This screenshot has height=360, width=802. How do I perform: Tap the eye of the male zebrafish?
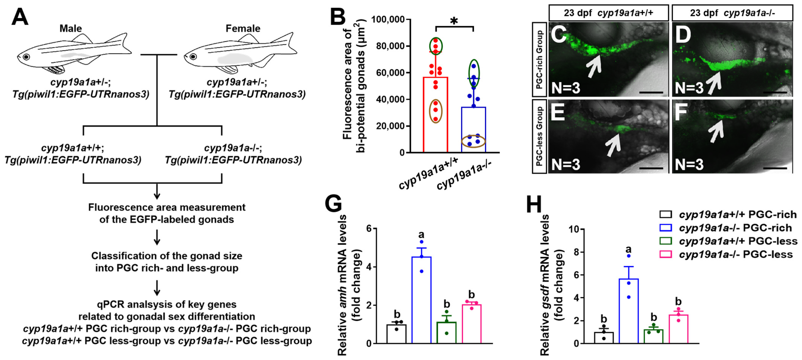pos(26,57)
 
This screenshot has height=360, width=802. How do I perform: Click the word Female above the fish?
pos(243,29)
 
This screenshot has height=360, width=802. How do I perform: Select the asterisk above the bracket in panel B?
pos(454,21)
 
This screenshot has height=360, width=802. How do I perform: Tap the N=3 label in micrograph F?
pos(689,164)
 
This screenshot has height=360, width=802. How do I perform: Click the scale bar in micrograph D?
pos(775,92)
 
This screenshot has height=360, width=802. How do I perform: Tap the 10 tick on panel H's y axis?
pos(574,229)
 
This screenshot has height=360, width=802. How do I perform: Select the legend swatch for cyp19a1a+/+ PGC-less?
pos(666,241)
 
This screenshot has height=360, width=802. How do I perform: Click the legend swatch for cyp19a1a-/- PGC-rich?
pos(666,228)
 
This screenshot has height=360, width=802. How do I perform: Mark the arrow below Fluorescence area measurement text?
pos(157,238)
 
